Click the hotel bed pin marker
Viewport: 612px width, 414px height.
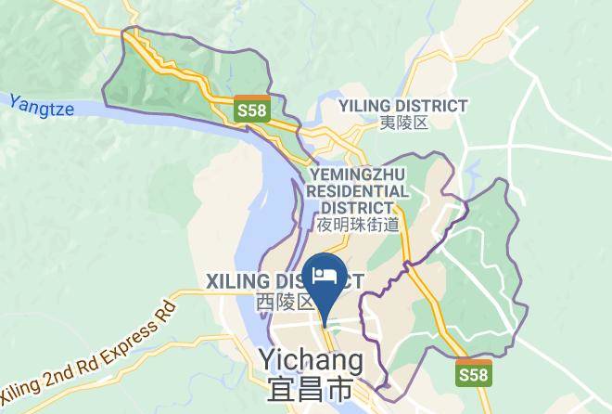tap(325, 279)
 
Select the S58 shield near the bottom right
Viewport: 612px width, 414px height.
tap(475, 373)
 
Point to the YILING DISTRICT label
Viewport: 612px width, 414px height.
tap(403, 106)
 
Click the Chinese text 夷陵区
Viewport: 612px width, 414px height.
tap(403, 123)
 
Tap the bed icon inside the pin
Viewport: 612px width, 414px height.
tap(325, 274)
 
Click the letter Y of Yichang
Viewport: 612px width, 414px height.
tap(268, 358)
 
